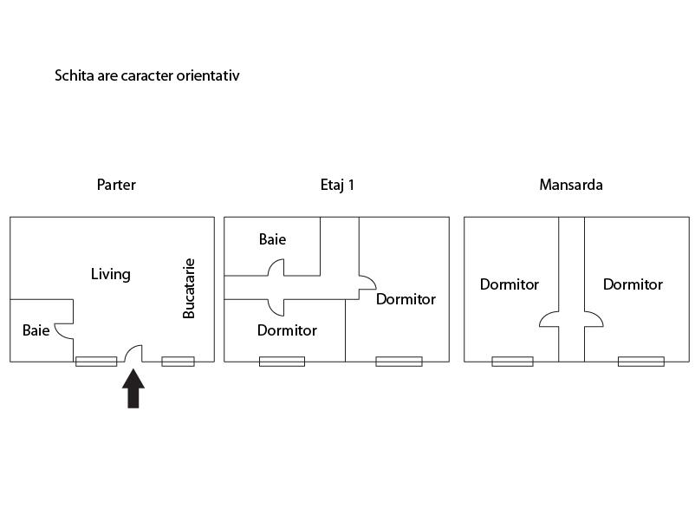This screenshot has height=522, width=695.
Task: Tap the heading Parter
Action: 116,185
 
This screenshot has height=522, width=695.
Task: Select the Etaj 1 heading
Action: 337,185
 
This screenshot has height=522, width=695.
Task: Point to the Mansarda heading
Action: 570,185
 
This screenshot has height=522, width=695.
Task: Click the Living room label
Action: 111,274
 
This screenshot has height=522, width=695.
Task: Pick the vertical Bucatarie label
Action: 189,288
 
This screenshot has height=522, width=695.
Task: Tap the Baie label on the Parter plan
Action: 36,330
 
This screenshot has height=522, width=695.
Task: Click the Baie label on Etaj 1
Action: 272,239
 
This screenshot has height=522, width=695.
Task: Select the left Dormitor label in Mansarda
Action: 510,284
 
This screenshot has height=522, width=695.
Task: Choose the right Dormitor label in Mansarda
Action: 633,284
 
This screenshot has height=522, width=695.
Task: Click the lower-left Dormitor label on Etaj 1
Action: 287,330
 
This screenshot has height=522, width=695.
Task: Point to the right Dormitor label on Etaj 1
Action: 406,299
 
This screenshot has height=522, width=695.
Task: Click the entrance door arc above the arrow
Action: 133,353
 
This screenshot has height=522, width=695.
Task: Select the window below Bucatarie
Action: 178,361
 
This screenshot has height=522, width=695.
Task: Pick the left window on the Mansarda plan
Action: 512,361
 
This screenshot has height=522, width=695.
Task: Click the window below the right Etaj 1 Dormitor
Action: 399,361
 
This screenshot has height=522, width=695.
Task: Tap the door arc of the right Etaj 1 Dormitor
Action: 367,283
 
